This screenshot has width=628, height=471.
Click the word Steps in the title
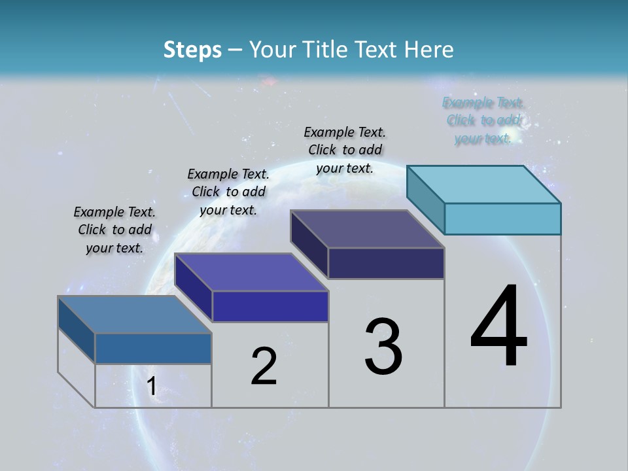192,50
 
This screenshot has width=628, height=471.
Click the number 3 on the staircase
383,347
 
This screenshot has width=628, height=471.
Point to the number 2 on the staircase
264,366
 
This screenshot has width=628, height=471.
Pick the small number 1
151,386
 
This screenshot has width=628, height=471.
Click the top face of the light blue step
484,184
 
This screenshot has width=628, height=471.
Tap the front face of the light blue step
502,218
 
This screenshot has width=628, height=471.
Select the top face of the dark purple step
368,229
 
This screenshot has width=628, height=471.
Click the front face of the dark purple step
386,264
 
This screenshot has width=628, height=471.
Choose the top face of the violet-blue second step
251,272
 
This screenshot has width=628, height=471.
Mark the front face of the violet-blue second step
270,307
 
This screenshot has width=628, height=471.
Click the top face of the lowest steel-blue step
135,315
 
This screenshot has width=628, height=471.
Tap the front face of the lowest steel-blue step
153,349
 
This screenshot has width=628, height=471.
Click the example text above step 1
114,230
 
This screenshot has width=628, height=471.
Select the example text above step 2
228,192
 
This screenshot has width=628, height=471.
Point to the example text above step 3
345,150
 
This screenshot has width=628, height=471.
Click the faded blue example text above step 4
483,120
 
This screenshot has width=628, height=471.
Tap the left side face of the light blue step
426,198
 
